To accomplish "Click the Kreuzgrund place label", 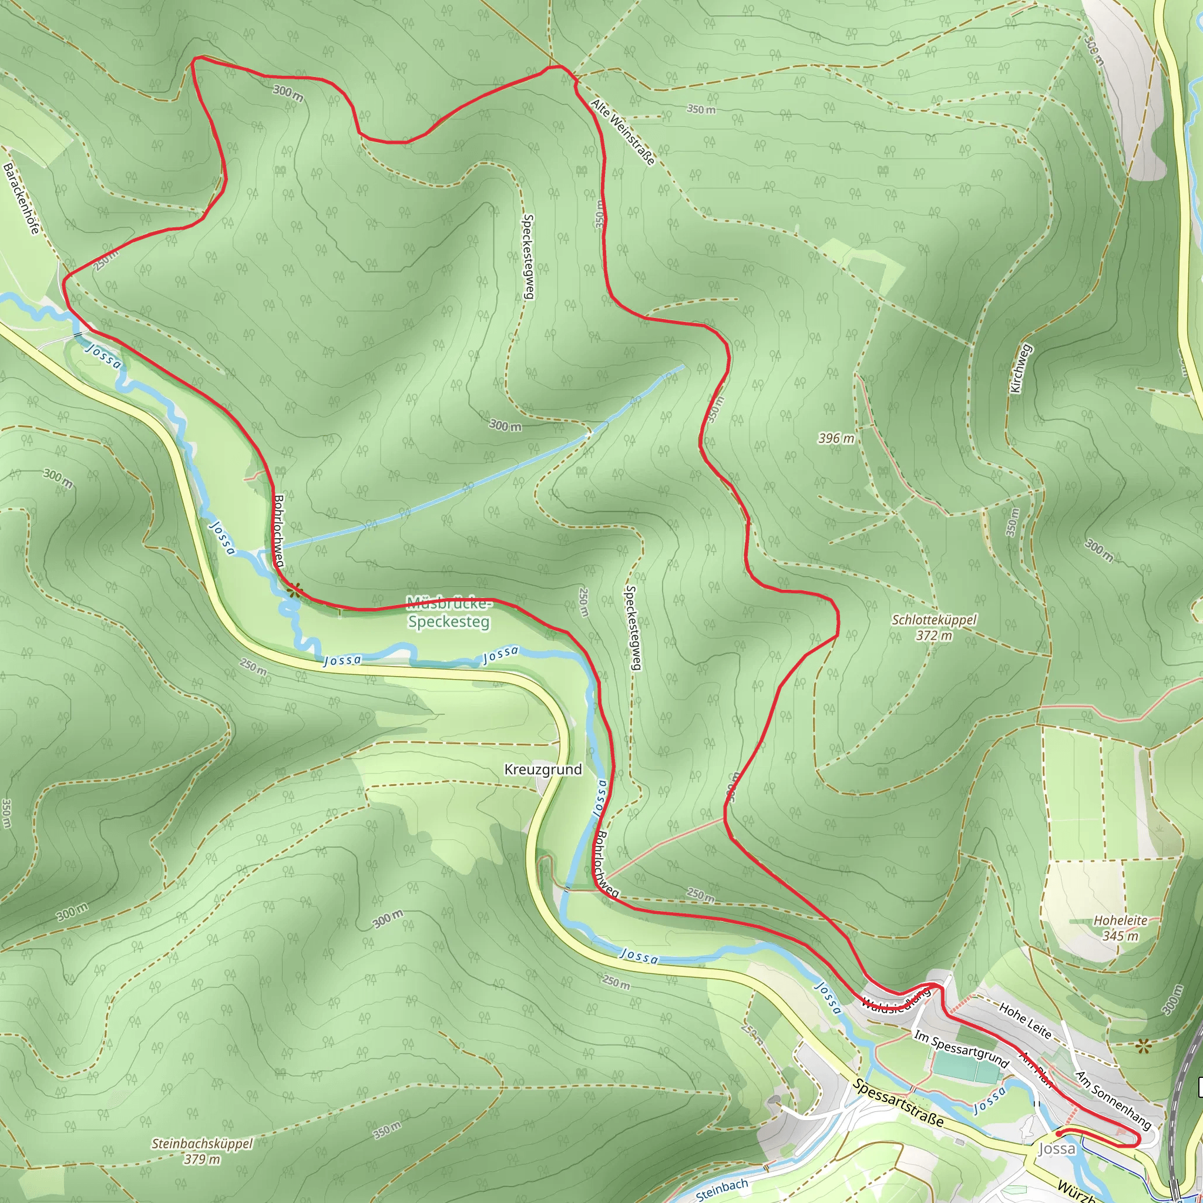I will [x=543, y=769].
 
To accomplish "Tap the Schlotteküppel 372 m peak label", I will [x=934, y=627].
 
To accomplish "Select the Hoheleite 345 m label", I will [x=1120, y=928].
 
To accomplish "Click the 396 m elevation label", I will [x=836, y=438].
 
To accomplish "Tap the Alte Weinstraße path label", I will [x=623, y=133].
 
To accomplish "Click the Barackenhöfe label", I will [x=22, y=198].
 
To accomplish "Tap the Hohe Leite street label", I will [x=1025, y=1021].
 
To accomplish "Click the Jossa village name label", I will [x=1057, y=1149].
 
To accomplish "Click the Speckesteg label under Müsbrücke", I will [x=449, y=621].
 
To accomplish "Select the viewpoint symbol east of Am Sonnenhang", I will [x=1142, y=1046].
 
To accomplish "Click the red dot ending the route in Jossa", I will [x=1059, y=1134].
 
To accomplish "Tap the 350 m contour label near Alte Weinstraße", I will [x=701, y=110].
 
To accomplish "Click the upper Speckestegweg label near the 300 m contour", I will [x=528, y=257].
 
